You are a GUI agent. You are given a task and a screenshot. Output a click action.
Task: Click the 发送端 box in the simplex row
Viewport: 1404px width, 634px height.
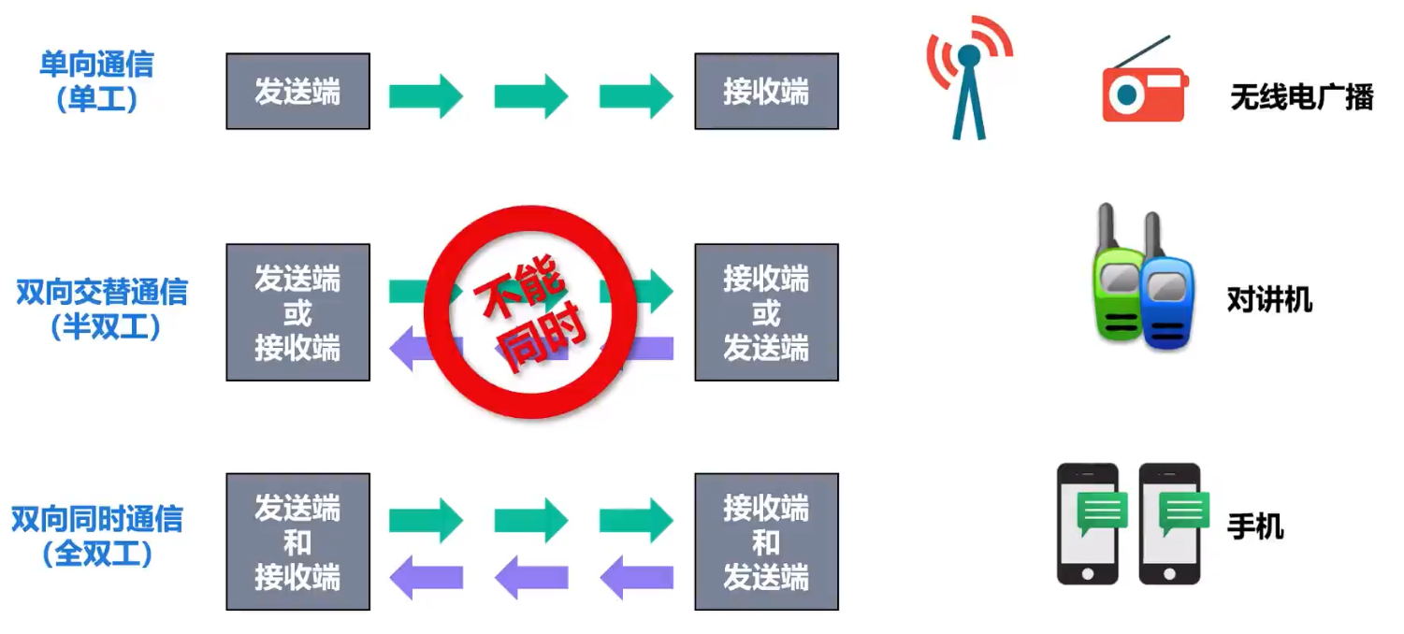297,91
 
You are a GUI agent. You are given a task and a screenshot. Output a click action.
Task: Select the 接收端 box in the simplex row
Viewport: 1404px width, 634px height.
766,91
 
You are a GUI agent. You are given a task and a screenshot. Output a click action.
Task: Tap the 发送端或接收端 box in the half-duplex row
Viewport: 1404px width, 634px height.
297,312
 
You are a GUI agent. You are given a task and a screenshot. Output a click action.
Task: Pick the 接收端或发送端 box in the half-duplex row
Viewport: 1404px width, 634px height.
766,312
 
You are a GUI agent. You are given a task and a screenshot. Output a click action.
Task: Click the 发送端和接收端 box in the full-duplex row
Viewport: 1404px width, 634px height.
297,541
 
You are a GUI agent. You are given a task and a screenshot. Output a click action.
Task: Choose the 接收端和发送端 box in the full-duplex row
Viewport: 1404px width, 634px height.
766,541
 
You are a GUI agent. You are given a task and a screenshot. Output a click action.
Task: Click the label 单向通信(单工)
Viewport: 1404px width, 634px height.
96,80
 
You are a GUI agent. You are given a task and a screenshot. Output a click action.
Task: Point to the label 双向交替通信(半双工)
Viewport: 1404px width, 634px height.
102,308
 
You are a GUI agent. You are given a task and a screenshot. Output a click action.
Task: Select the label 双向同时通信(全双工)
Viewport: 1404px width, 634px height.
96,536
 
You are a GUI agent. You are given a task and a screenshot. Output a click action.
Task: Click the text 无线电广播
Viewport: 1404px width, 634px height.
1301,96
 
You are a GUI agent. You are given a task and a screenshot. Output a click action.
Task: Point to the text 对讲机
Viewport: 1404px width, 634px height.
1269,300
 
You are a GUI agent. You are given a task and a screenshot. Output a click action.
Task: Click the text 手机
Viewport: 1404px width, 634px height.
1255,526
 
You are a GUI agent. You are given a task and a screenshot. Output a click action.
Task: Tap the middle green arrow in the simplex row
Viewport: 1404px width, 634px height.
530,95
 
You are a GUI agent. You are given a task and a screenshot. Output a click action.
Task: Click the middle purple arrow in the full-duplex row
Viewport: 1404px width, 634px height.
530,577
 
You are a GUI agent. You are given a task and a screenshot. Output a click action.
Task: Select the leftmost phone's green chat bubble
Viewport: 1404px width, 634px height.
1102,512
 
